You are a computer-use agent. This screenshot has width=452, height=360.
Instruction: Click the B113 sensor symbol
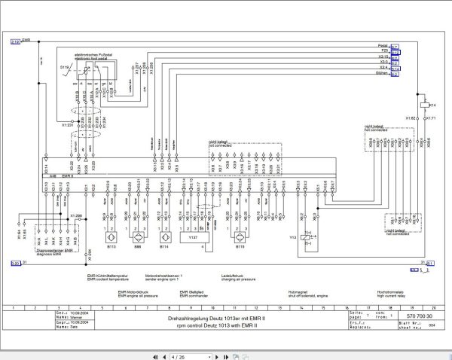point(111,228)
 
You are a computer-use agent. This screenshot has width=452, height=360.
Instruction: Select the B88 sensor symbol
point(138,228)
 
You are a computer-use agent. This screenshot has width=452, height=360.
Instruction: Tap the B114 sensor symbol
point(165,228)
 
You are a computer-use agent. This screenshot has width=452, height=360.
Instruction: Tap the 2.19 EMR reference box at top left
point(15,43)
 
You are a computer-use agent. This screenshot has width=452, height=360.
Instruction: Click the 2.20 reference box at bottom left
point(15,263)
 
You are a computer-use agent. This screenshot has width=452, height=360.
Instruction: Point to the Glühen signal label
point(383,74)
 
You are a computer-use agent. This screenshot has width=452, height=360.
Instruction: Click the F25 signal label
point(385,50)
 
